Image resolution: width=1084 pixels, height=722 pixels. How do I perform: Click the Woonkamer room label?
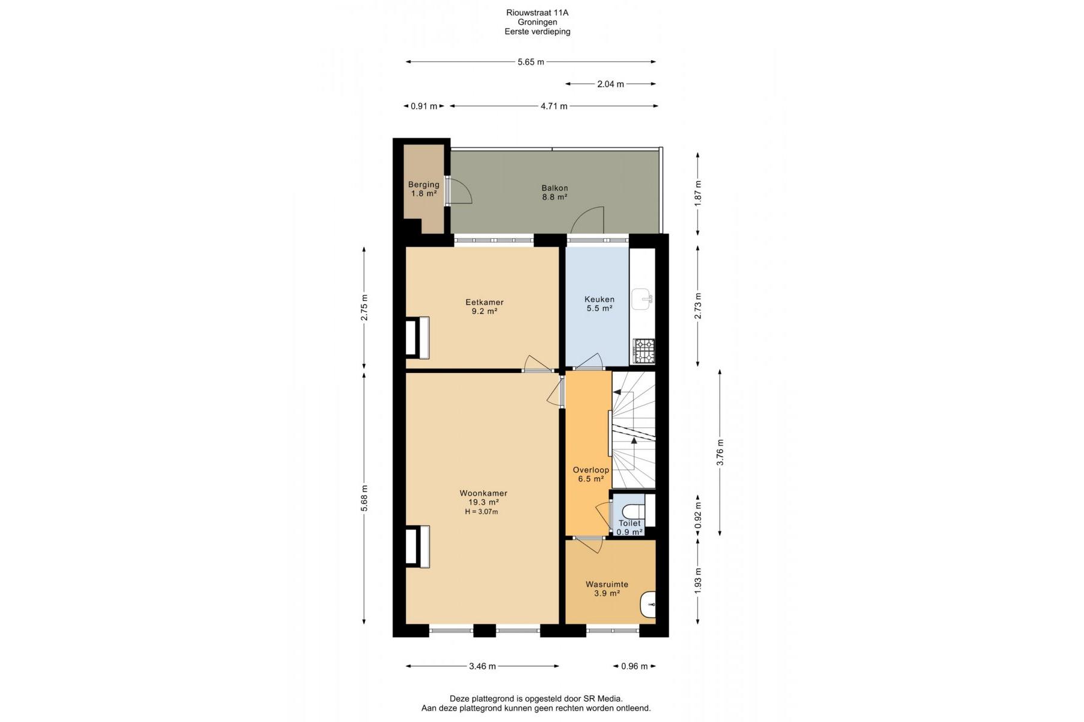click(x=483, y=493)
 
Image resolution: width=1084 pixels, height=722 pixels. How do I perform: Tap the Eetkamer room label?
click(x=484, y=302)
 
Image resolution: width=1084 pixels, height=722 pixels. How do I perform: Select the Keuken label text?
click(x=599, y=299)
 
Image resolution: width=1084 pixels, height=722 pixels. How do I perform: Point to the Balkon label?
click(x=554, y=188)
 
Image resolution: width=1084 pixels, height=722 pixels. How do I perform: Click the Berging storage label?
click(x=423, y=185)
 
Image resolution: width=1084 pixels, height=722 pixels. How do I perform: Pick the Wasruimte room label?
click(x=607, y=584)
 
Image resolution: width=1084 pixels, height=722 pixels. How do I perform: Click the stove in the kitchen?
click(x=643, y=351)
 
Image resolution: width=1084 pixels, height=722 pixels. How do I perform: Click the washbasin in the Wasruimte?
click(x=648, y=605)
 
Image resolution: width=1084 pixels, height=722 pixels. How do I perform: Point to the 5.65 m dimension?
click(x=531, y=62)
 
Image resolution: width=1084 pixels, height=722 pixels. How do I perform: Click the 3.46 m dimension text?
click(x=482, y=666)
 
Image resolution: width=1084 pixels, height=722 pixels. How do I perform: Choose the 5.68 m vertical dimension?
click(x=364, y=498)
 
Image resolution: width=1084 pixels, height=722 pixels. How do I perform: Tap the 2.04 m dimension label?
click(x=610, y=84)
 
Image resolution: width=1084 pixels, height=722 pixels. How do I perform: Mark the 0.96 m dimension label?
click(x=634, y=666)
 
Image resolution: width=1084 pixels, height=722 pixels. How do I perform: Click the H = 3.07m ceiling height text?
click(x=481, y=512)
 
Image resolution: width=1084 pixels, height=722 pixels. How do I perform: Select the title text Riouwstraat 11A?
click(x=537, y=13)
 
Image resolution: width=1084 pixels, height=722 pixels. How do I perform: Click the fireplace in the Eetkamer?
click(x=417, y=338)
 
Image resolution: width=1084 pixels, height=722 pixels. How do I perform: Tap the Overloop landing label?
click(x=591, y=470)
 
